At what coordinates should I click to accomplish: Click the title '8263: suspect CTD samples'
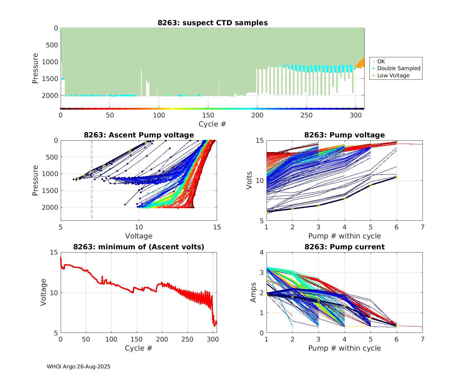[213, 23]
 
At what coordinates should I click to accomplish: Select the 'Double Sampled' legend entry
[399, 68]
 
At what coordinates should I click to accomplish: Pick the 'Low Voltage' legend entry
[393, 75]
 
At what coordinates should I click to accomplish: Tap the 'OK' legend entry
[381, 61]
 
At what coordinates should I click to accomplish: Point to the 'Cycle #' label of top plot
[212, 124]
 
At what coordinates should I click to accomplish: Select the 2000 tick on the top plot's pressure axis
[50, 95]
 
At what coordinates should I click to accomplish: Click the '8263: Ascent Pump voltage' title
[139, 135]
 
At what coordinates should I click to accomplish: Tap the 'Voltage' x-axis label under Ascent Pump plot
[139, 236]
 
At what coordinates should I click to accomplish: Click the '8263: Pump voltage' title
[344, 135]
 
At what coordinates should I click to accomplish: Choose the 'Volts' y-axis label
[249, 180]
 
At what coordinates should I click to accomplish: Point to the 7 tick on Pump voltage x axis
[422, 227]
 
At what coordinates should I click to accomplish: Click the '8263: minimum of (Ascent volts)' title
[139, 247]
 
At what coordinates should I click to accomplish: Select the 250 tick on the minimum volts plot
[187, 339]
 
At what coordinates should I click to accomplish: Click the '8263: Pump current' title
[344, 247]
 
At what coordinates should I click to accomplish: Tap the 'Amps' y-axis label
[253, 292]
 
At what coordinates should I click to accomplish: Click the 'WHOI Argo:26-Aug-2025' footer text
[78, 367]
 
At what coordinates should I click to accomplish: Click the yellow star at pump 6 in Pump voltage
[397, 177]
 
